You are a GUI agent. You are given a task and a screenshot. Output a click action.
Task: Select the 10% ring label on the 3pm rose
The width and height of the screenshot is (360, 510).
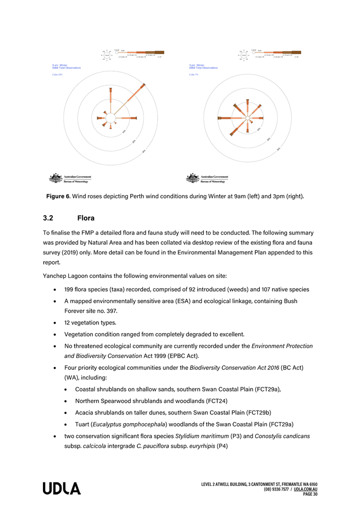point(259,130)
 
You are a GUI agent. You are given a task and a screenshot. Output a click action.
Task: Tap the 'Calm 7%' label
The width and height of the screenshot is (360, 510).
point(194,75)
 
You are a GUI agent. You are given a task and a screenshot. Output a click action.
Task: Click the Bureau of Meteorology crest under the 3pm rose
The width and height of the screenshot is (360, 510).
point(193,178)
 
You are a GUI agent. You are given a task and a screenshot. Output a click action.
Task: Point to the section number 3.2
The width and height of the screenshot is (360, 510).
point(49,218)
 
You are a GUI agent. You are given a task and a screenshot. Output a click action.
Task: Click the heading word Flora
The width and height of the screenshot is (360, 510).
point(86,218)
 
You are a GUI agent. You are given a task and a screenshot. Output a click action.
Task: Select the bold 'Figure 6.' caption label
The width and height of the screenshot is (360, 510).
point(58,196)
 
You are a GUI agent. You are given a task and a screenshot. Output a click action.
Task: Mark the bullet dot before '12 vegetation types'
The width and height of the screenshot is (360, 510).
point(54,323)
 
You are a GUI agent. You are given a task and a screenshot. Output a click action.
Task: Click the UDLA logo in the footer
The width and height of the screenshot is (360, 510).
point(61,489)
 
